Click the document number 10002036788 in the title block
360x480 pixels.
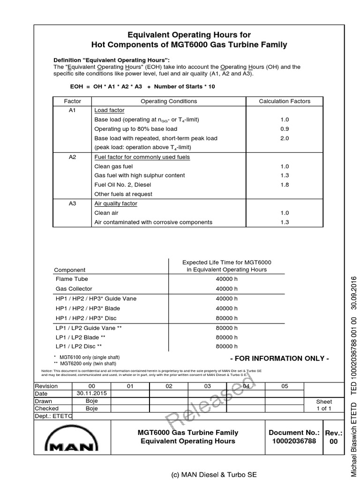[293, 441]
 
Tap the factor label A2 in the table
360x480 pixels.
[72, 157]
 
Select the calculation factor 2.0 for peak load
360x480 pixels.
[285, 138]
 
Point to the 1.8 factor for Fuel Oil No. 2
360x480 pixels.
[285, 185]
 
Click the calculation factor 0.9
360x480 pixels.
[285, 129]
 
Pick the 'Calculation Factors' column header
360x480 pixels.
[285, 101]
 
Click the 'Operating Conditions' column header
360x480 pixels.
[169, 101]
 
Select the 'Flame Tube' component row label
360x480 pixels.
[72, 279]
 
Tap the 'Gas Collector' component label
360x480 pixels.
[74, 289]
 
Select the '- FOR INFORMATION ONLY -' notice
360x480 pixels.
[279, 359]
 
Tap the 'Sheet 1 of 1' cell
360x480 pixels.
[324, 405]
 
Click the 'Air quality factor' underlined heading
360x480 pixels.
[116, 204]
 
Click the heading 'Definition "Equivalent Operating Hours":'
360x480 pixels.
[112, 60]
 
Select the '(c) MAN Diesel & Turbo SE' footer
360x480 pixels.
[208, 474]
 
